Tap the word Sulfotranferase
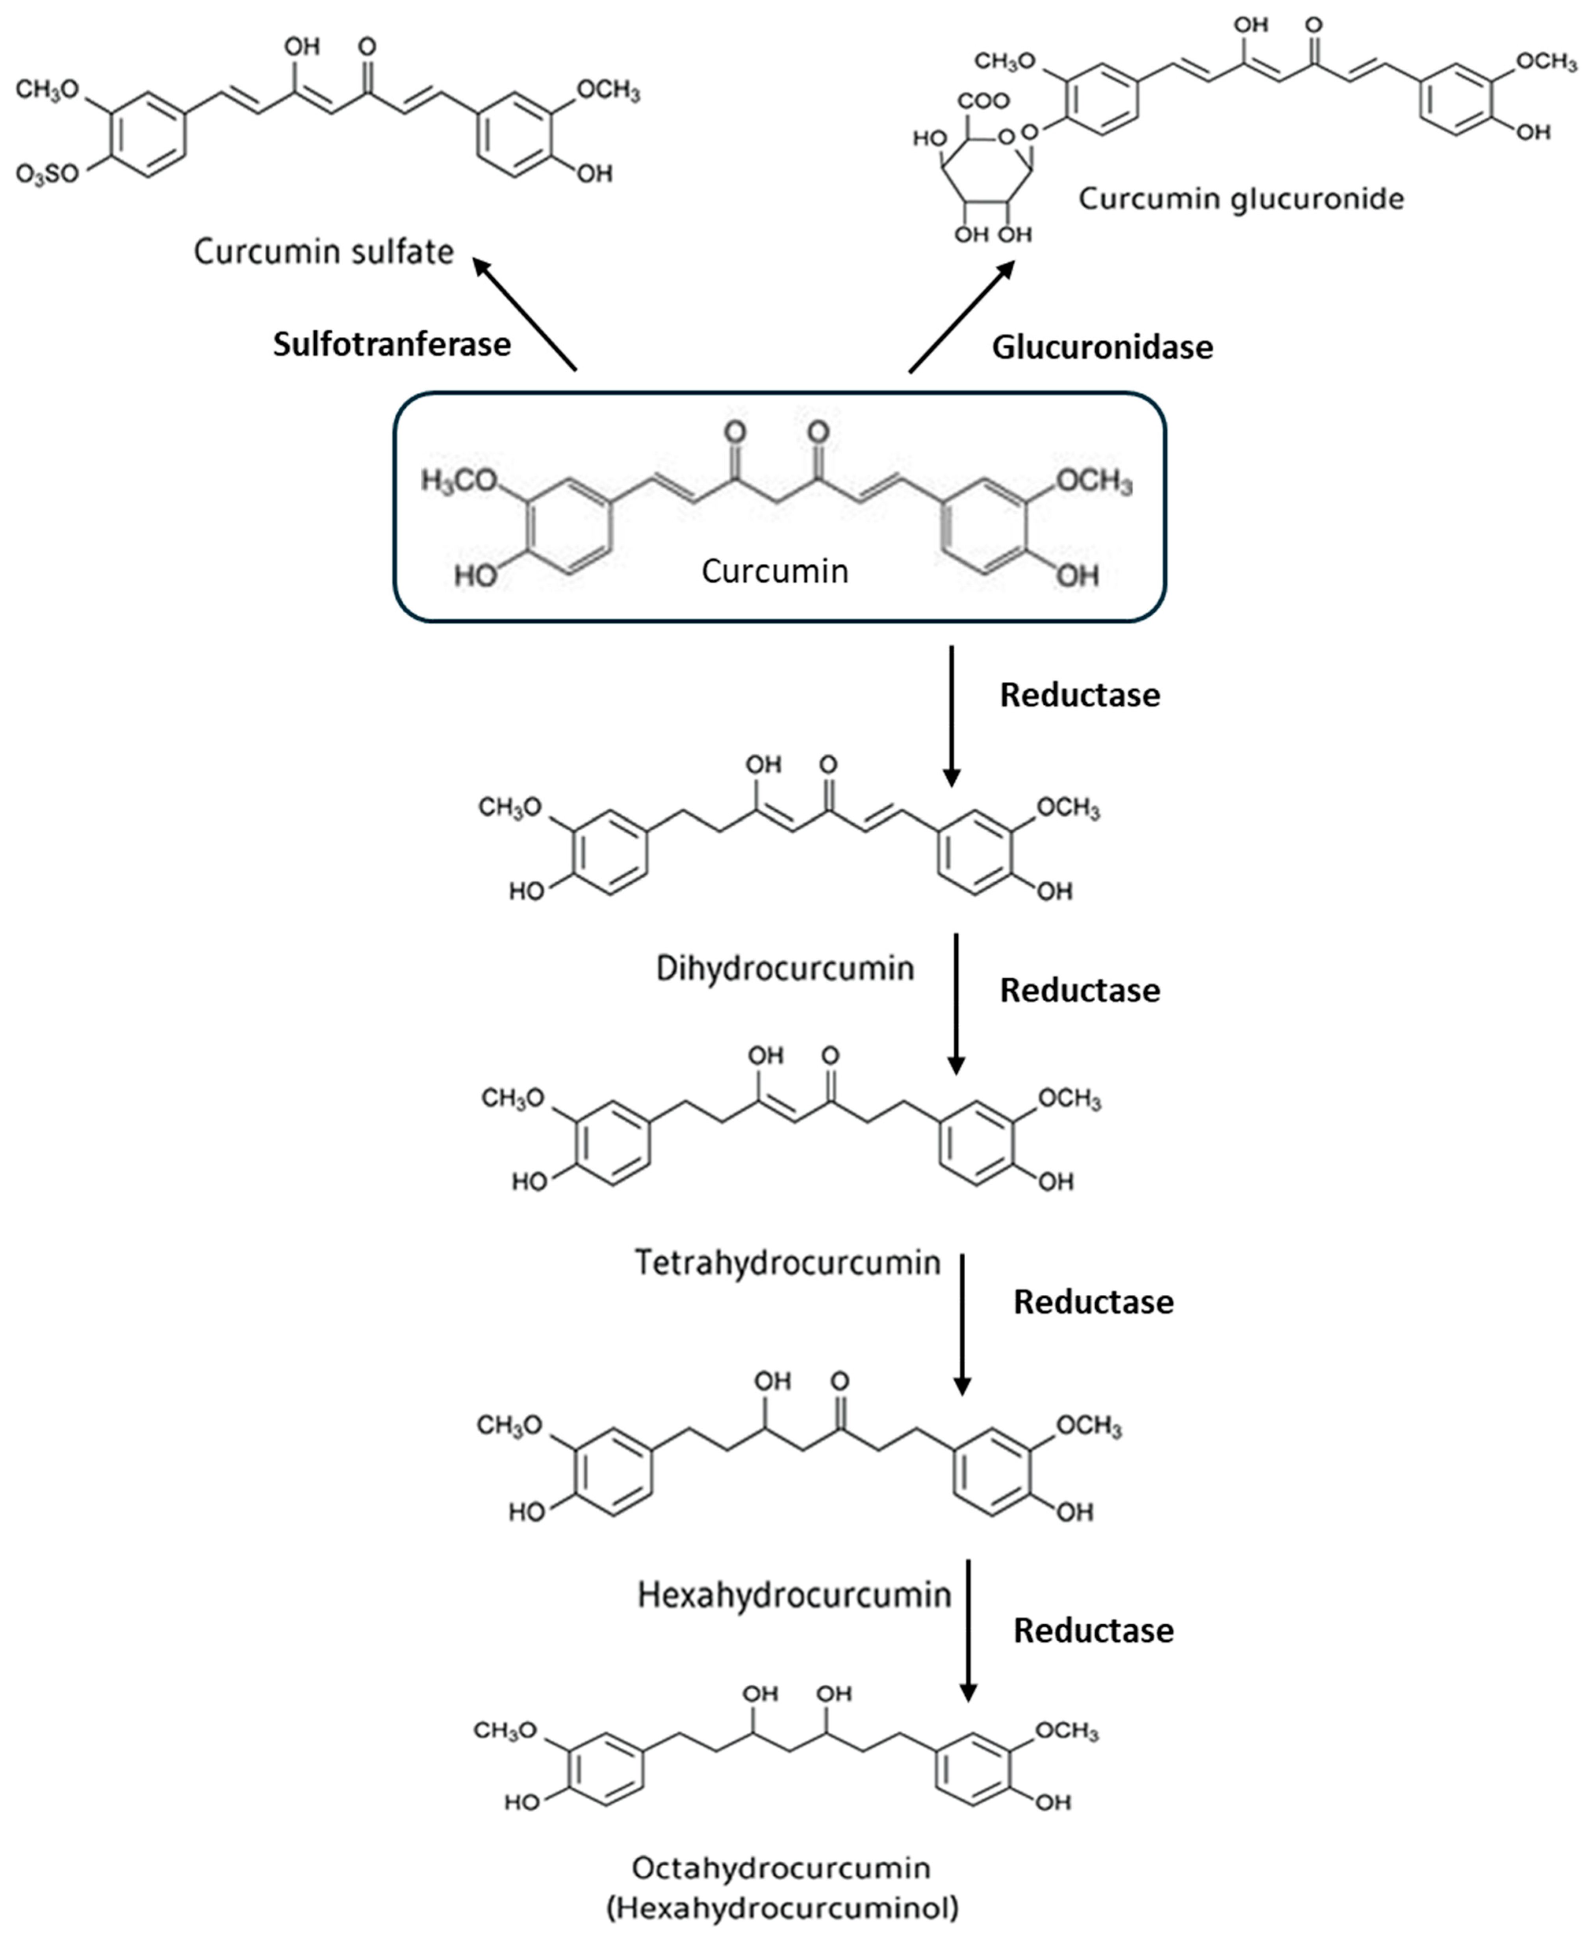pyautogui.click(x=392, y=344)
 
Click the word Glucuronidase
pyautogui.click(x=1102, y=347)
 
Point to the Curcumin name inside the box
pyautogui.click(x=775, y=572)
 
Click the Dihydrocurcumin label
pyautogui.click(x=785, y=968)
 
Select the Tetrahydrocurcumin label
pyautogui.click(x=788, y=1263)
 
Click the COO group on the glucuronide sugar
pyautogui.click(x=983, y=101)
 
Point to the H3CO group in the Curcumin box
pyautogui.click(x=458, y=481)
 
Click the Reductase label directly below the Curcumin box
pyautogui.click(x=1080, y=695)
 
